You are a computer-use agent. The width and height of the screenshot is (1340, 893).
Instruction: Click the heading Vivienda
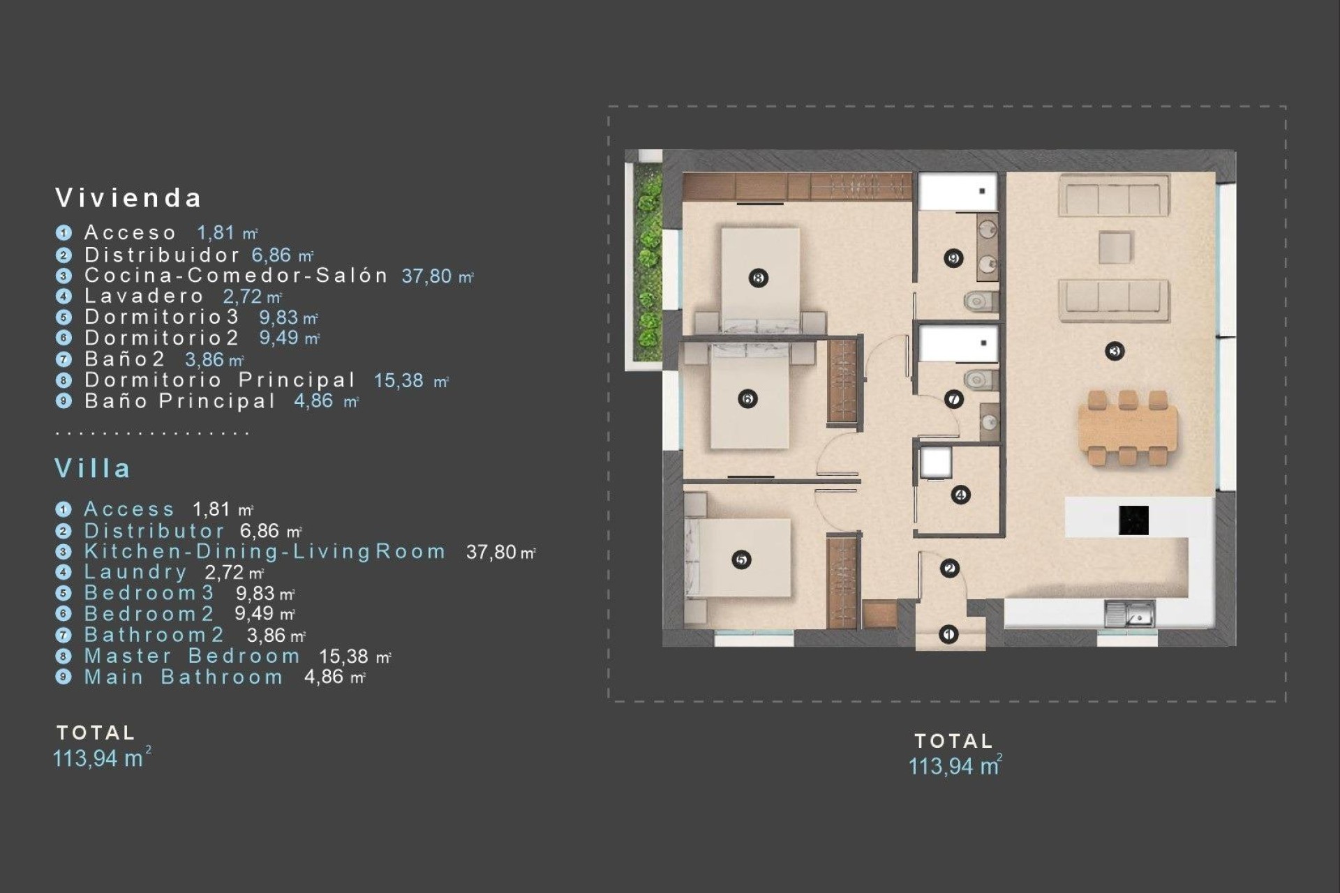tap(129, 198)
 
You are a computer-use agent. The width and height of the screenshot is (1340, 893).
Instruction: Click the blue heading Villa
tap(93, 468)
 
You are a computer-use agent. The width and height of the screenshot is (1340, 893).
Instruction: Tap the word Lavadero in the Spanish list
tap(144, 296)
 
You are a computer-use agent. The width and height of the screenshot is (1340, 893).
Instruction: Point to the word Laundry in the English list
tap(135, 572)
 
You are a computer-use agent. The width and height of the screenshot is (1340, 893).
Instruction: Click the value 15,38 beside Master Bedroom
tap(343, 656)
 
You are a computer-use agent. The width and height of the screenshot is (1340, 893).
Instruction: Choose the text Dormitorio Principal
tap(220, 380)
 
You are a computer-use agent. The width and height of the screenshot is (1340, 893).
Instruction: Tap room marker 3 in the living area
tap(1115, 351)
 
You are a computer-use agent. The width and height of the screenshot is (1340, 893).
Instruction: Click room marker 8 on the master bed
tap(759, 278)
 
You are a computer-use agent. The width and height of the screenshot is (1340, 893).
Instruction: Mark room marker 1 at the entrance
tap(948, 634)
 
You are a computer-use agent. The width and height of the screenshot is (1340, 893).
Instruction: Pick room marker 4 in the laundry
tap(960, 495)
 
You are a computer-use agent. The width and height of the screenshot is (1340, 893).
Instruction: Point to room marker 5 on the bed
tap(741, 560)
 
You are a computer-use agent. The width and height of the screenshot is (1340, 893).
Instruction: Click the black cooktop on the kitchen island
tap(1133, 520)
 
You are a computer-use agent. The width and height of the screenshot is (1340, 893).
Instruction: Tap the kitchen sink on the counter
tap(1129, 615)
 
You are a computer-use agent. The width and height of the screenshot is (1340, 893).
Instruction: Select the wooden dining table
tap(1127, 429)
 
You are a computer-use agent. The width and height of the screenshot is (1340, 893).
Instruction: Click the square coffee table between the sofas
tap(1115, 248)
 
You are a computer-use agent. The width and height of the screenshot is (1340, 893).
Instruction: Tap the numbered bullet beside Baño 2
tap(64, 359)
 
